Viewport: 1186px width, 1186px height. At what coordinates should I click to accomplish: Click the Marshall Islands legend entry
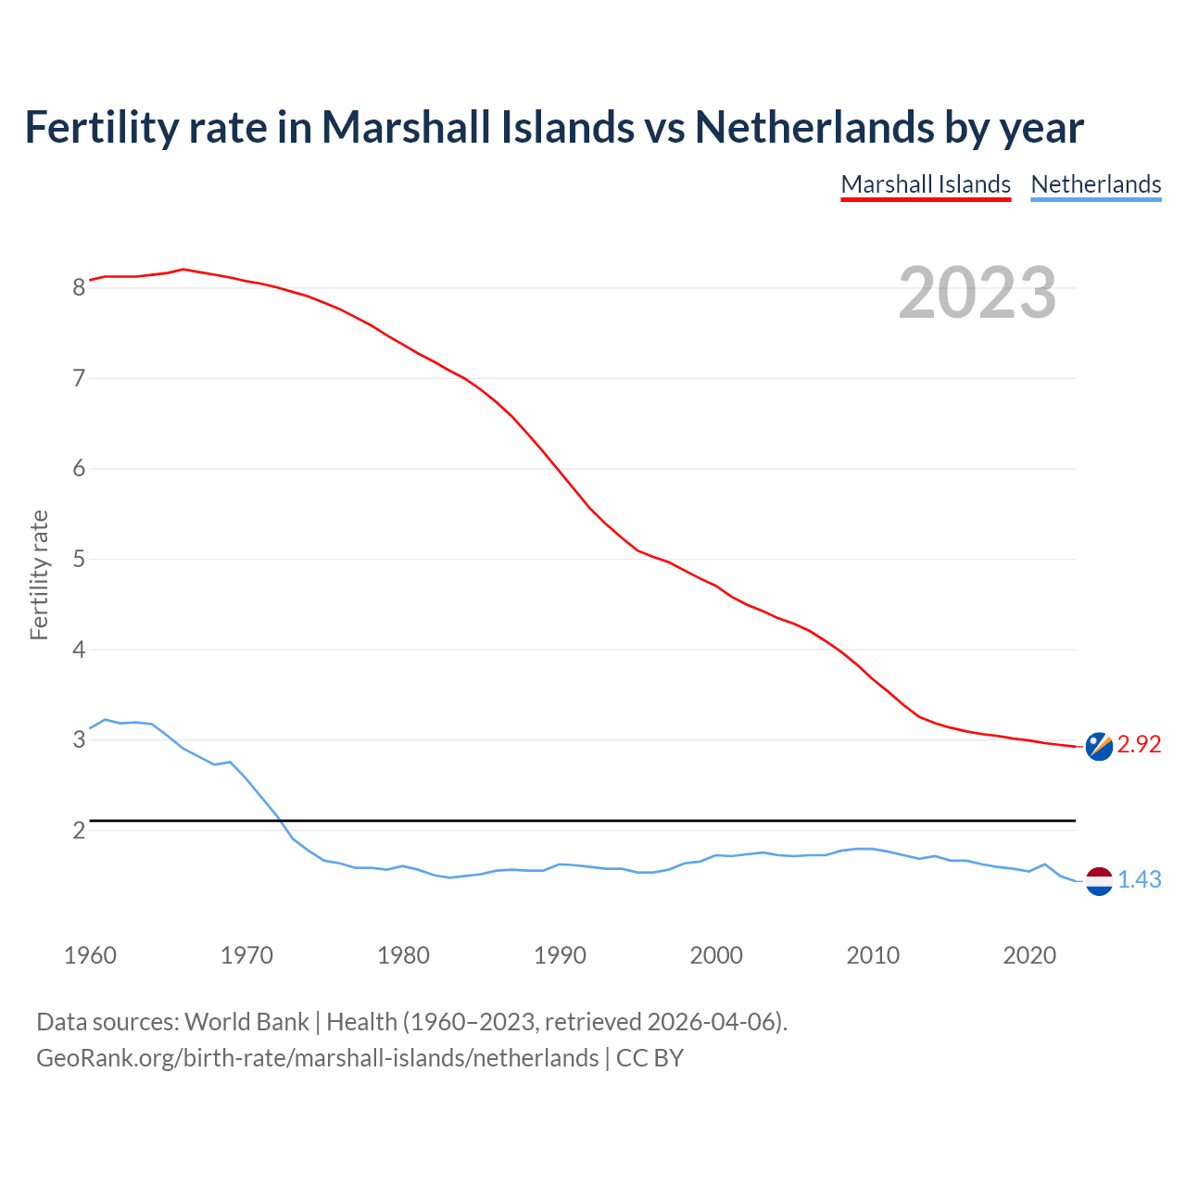tap(926, 184)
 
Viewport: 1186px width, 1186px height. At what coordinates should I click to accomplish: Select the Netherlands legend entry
tap(1095, 184)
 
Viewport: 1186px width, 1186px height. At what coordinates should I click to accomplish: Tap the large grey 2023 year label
tap(978, 293)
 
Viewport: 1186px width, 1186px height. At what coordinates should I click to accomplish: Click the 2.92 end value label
tap(1139, 745)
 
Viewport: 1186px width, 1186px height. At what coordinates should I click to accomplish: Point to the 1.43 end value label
tap(1139, 880)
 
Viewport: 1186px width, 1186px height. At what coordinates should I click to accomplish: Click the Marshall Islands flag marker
tap(1099, 747)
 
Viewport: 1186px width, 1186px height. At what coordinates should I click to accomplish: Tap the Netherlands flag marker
tap(1099, 881)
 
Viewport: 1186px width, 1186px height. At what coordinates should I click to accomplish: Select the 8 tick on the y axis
tap(79, 288)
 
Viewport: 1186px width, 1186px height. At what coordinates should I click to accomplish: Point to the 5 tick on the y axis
tap(79, 560)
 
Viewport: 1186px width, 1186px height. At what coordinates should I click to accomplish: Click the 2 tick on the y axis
tap(79, 831)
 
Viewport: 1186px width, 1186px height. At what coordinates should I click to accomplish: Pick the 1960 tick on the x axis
tap(90, 955)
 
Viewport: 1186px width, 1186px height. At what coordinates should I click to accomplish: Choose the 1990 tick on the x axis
tap(560, 955)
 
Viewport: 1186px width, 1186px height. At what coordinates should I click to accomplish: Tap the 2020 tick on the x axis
tap(1029, 955)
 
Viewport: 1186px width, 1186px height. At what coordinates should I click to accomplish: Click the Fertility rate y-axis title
tap(39, 574)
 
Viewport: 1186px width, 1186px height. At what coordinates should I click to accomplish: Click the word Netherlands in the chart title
tap(814, 127)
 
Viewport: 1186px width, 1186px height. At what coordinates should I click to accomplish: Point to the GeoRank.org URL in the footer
tap(317, 1058)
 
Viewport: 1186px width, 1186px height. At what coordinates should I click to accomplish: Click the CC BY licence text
tap(650, 1058)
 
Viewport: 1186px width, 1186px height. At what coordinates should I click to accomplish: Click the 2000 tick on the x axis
tap(716, 955)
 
